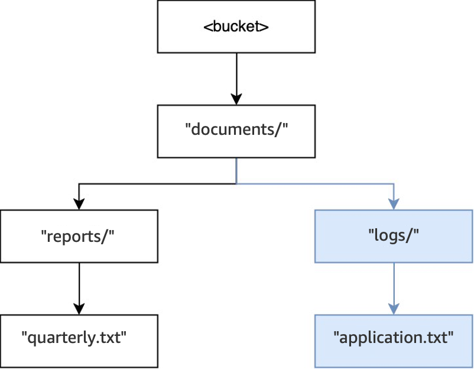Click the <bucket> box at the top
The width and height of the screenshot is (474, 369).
(236, 27)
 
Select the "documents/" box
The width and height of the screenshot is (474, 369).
(236, 131)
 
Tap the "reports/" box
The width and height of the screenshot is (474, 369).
(79, 236)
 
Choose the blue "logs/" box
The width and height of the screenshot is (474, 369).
(394, 236)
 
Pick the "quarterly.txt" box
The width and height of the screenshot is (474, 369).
(79, 340)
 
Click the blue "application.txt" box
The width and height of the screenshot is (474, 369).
(394, 340)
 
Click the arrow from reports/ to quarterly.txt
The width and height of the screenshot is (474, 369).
(79, 284)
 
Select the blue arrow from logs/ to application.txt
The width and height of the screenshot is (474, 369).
(394, 284)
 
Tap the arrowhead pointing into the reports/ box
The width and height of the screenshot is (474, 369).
(79, 203)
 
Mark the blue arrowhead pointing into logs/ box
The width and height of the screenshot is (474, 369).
(394, 203)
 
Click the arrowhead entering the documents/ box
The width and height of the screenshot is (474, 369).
(236, 99)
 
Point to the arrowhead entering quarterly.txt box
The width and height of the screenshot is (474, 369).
(79, 308)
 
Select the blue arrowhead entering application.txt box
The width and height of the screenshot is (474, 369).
(394, 308)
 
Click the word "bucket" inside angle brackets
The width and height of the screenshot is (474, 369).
(236, 27)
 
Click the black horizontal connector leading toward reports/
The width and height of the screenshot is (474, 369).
(157, 183)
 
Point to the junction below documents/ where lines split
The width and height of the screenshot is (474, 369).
(236, 183)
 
